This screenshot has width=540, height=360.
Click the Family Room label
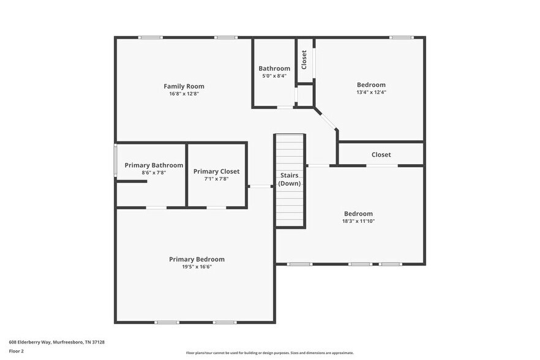184,86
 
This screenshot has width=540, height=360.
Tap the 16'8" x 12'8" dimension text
184,94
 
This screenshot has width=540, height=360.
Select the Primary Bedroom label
197,259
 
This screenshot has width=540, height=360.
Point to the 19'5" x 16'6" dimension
197,267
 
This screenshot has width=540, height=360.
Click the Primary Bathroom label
154,165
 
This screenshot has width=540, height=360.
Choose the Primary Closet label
216,171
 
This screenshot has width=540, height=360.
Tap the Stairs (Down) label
289,179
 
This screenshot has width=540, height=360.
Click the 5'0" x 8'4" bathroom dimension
274,76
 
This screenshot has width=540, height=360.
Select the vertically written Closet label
304,59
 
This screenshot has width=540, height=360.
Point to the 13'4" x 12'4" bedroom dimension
371,92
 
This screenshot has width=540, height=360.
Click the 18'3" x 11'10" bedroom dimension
358,221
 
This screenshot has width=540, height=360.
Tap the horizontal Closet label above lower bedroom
381,155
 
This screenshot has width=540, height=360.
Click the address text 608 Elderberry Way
56,342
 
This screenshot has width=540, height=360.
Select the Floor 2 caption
16,351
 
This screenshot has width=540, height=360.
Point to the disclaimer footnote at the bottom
269,353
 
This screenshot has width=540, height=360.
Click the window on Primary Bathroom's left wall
115,160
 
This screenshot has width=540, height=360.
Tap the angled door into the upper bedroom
326,119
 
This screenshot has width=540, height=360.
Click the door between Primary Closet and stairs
261,186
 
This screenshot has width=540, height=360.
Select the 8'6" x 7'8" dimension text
154,173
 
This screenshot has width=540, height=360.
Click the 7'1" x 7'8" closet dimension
216,179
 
